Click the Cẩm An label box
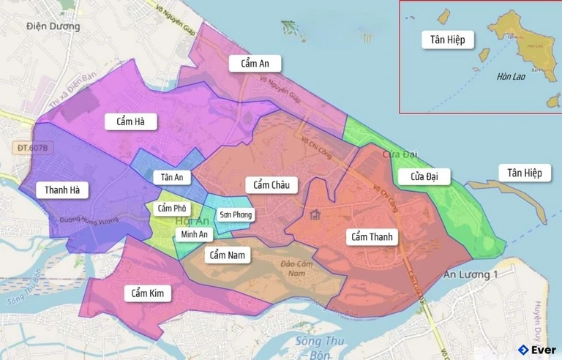click(x=255, y=64)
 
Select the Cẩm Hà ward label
click(x=130, y=121)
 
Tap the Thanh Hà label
click(x=66, y=190)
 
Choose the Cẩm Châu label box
click(x=271, y=185)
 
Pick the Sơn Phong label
click(x=236, y=214)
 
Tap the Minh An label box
click(x=194, y=234)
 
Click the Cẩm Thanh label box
click(x=372, y=236)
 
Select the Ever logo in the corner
click(x=536, y=349)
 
